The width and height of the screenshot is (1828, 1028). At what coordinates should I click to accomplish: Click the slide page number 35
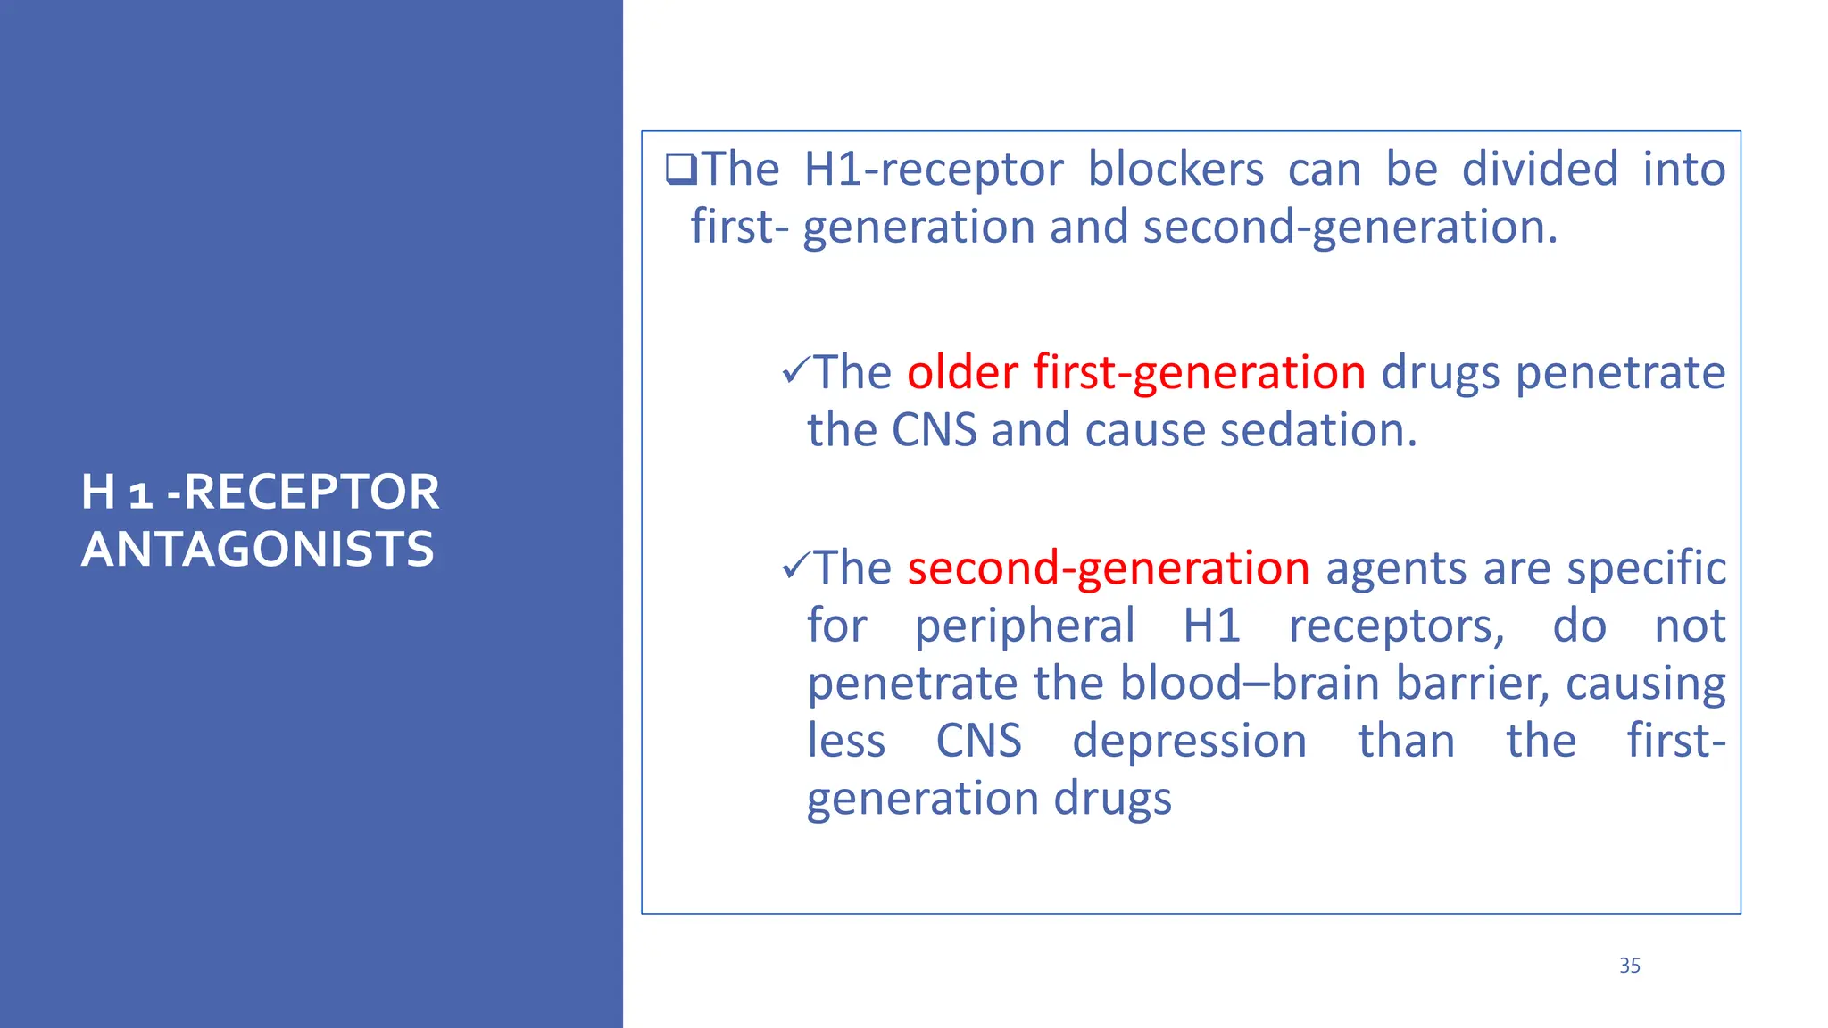pos(1629,966)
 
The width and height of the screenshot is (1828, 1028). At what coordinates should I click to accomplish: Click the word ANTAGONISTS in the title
pos(258,549)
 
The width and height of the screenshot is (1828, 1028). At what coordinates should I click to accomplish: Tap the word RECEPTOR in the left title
pos(312,492)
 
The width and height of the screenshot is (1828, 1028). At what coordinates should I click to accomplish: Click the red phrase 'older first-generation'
pos(1135,372)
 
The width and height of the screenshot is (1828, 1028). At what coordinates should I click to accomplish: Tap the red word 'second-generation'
pos(1108,568)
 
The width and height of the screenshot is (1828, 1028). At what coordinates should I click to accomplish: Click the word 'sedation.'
pos(1318,430)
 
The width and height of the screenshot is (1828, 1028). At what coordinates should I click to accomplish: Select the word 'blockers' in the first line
pos(1175,169)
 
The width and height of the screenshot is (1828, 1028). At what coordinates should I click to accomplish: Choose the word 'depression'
pos(1189,742)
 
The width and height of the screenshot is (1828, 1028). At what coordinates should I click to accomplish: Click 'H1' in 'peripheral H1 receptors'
pos(1211,626)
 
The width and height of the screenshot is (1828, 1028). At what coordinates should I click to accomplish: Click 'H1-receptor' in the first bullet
pos(933,169)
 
